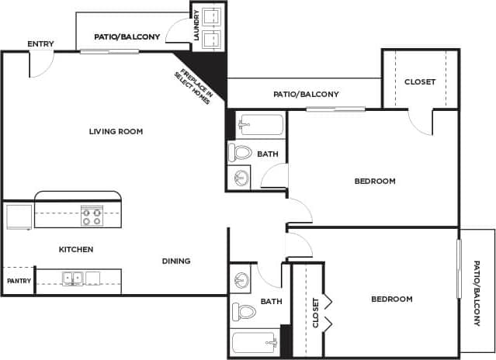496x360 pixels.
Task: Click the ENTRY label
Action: [40, 43]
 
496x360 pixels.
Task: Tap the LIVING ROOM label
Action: [116, 132]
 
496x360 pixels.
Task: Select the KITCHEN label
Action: [76, 250]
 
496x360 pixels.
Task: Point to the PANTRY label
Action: [18, 281]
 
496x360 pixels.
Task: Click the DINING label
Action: [176, 261]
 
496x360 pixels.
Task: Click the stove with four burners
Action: [92, 215]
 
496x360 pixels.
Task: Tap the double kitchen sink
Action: [73, 278]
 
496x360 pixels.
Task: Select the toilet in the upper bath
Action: [241, 152]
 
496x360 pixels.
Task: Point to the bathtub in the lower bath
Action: [255, 342]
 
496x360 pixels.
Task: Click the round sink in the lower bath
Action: [241, 279]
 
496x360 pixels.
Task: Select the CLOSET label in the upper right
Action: [420, 82]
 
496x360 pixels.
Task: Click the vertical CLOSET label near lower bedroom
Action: [315, 313]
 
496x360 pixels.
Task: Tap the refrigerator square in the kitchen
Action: [19, 216]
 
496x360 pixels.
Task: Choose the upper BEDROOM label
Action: [375, 182]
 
